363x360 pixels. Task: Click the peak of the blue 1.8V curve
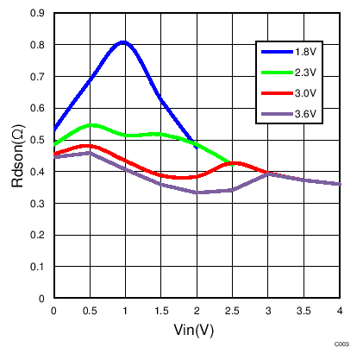123,41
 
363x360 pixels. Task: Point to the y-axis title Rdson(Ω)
17,156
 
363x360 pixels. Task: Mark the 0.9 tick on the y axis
37,14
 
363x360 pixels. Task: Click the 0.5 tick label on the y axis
37,140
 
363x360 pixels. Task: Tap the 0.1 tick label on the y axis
37,267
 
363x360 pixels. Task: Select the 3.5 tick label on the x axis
304,310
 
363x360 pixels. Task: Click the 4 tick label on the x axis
340,310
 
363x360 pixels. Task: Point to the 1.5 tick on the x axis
161,310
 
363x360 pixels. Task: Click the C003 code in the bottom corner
342,344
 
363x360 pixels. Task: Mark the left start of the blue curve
54,129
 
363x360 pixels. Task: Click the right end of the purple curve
340,184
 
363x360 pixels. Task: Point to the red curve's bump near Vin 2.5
235,162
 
